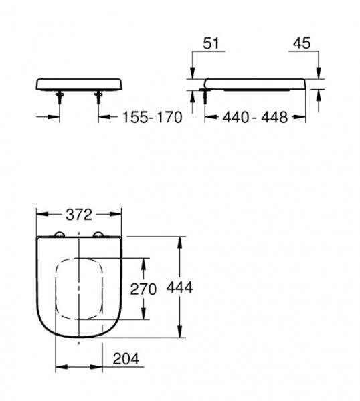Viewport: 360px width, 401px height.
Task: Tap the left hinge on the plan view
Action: tap(59, 235)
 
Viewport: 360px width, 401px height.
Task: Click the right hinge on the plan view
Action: tap(101, 235)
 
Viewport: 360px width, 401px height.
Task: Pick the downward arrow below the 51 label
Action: tap(193, 75)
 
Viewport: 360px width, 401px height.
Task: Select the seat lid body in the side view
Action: tap(258, 82)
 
